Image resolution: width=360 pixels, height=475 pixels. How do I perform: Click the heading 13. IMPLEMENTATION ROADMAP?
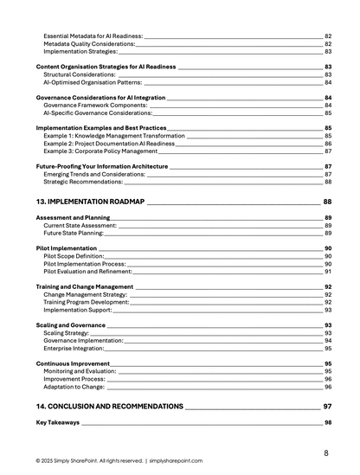point(90,201)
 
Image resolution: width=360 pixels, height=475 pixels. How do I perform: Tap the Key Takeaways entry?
point(58,422)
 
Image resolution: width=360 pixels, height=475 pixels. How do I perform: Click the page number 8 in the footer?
point(326,453)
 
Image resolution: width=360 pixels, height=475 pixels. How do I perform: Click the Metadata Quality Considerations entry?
point(89,43)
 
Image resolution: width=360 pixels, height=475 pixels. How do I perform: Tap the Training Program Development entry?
point(86,302)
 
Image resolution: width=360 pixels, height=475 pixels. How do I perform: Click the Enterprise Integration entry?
point(74,348)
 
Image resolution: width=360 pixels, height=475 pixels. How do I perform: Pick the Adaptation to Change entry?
point(74,387)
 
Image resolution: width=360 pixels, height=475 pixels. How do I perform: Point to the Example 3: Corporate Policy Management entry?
point(100,151)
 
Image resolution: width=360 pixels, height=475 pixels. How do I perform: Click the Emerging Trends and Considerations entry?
point(94,174)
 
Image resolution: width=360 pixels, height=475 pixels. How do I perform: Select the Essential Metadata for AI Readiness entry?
point(93,35)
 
